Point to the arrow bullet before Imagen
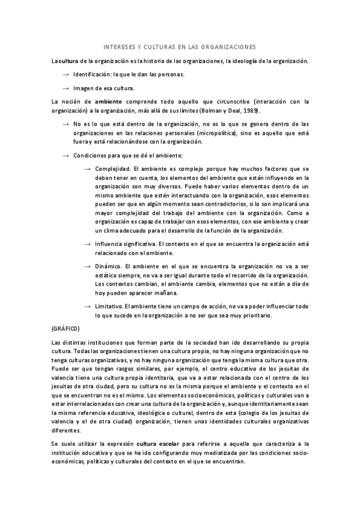click(x=66, y=88)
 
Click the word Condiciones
click(x=90, y=156)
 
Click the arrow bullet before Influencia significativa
click(x=88, y=244)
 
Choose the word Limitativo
click(x=111, y=306)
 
